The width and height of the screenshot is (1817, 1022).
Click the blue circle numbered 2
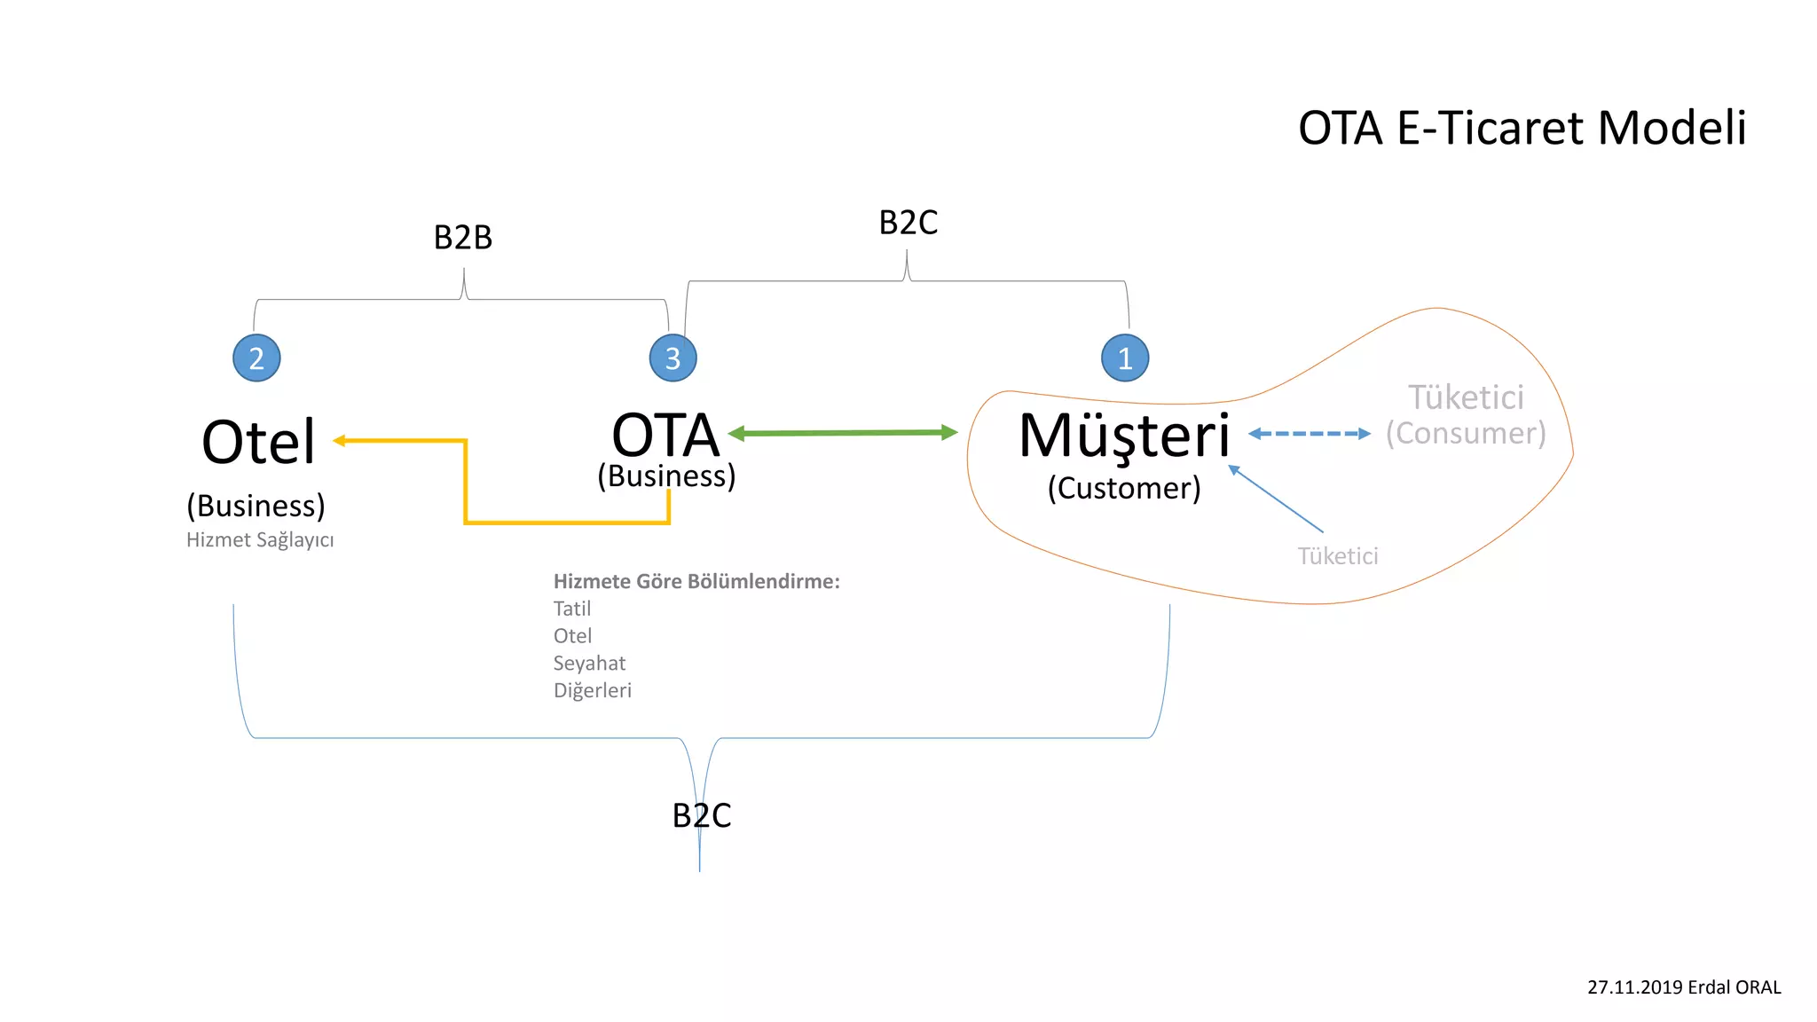tap(256, 358)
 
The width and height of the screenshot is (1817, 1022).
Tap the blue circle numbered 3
tap(673, 358)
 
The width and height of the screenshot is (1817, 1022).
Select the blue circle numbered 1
tap(1125, 358)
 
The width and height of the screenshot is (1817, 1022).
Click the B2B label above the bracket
tap(463, 238)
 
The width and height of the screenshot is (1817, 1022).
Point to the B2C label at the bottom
tap(702, 815)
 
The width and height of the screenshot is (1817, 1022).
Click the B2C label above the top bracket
tap(908, 223)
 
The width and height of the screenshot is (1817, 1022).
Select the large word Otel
tap(258, 442)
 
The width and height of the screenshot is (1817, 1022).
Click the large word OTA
tap(665, 436)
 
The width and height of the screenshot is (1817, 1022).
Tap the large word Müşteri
tap(1124, 436)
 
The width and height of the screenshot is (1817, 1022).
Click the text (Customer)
tap(1124, 488)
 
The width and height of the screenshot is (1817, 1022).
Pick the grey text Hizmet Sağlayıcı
tap(260, 539)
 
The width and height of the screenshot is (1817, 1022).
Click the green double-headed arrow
tap(843, 433)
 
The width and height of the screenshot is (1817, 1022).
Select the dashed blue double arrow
tap(1310, 434)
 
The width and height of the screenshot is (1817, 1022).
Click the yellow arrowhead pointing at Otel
tap(340, 440)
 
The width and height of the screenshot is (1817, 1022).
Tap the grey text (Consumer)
tap(1466, 433)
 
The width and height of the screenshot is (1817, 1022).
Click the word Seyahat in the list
tap(589, 663)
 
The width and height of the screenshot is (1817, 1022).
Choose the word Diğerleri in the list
tap(592, 690)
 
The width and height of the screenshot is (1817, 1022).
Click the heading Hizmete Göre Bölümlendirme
tap(696, 581)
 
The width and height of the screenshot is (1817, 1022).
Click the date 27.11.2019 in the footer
tap(1634, 987)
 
